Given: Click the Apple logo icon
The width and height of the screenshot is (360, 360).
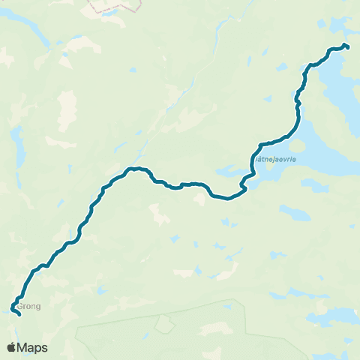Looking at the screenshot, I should point(11,347).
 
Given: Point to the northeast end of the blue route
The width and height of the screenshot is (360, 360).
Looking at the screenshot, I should point(347,47).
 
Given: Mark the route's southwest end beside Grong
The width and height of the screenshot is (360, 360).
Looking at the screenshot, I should point(17,313).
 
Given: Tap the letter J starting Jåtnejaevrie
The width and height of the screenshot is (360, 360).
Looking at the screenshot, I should point(256,159).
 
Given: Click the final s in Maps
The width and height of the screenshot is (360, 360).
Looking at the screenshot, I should point(44,349).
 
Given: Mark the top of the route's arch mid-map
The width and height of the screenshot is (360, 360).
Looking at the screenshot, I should point(135,169).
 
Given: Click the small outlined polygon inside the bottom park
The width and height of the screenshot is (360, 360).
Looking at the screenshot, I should point(163,325).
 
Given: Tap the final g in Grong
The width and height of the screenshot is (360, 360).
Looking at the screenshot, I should point(39,307).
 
